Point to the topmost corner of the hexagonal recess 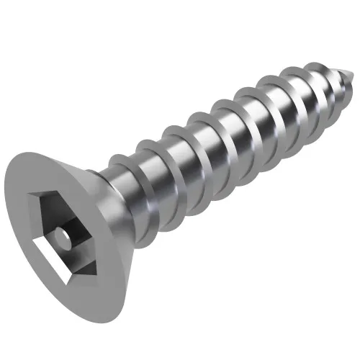coord(50,192)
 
